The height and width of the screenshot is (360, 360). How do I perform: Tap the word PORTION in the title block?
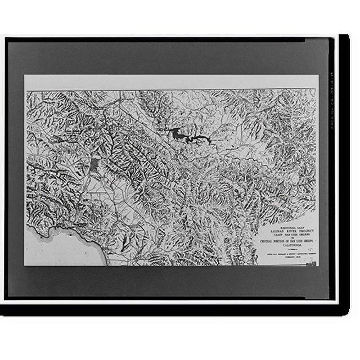tap(278, 242)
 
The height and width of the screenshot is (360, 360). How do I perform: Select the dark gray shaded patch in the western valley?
tap(94, 165)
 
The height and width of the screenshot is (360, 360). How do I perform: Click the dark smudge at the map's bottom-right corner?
tap(311, 263)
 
